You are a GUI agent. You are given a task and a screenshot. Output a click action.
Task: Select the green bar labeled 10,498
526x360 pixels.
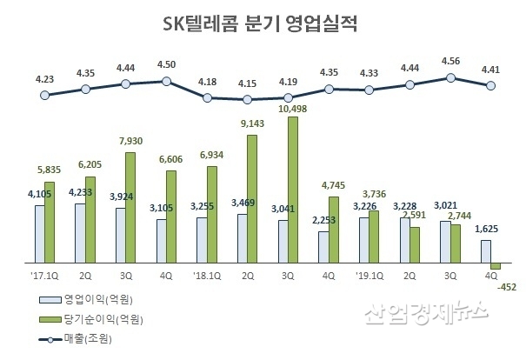click(x=293, y=190)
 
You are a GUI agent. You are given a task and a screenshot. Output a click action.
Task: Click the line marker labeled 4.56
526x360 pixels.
click(x=450, y=77)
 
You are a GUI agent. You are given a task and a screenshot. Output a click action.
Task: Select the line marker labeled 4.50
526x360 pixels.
click(x=165, y=81)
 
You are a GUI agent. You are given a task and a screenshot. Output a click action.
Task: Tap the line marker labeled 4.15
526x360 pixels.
click(x=247, y=99)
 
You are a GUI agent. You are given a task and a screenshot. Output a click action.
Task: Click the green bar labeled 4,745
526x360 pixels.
click(x=334, y=228)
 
